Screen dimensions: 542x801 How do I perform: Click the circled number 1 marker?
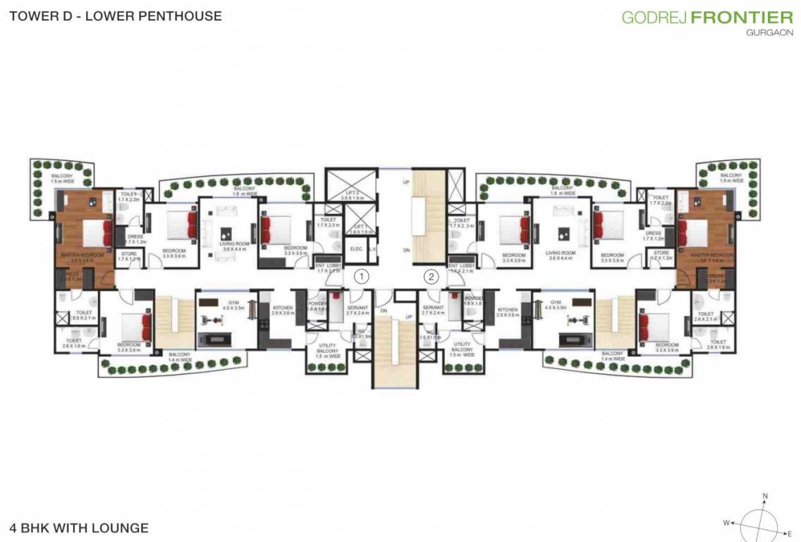click(x=361, y=277)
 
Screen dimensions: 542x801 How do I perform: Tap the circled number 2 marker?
click(x=432, y=277)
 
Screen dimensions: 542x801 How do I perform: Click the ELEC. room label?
click(x=356, y=248)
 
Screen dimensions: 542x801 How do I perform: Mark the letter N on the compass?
click(x=764, y=495)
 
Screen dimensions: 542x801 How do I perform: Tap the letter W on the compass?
click(x=726, y=523)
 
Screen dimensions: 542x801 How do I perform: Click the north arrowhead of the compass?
click(x=764, y=503)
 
